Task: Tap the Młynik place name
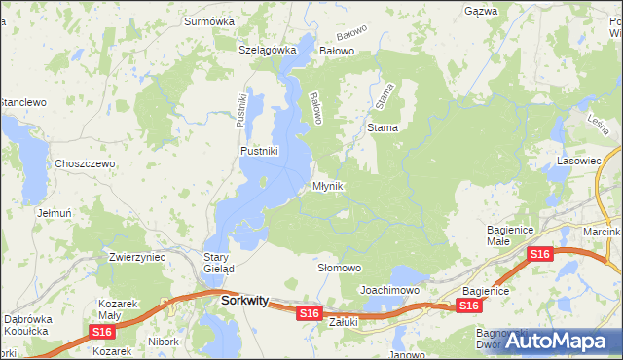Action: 327,186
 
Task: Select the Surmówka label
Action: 211,19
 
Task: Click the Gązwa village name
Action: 481,11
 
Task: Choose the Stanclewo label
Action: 23,101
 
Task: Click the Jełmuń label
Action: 55,212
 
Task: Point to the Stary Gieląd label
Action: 215,263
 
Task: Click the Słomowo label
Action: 340,268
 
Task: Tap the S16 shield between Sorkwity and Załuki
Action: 310,312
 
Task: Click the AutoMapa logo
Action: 556,342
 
